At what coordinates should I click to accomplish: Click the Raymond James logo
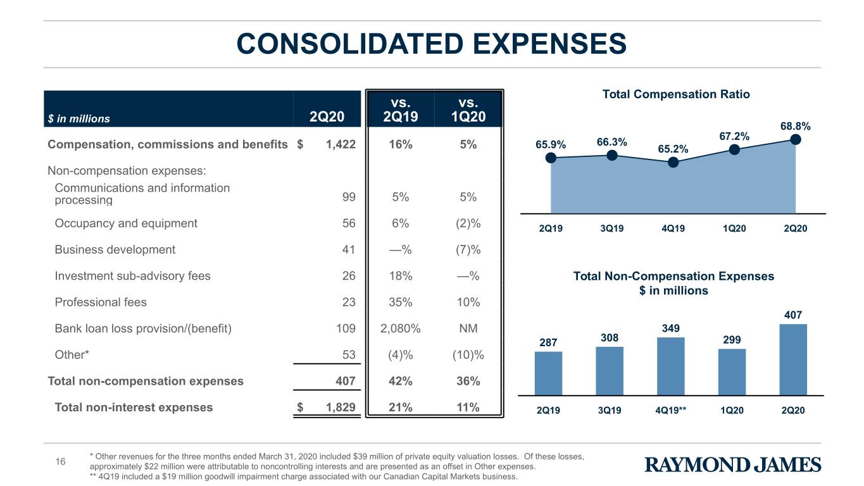(732, 464)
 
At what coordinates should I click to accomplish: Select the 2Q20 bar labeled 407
(793, 359)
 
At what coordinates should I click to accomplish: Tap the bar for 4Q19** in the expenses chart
(671, 366)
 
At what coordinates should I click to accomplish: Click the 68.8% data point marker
(796, 140)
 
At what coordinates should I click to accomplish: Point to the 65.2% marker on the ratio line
(673, 163)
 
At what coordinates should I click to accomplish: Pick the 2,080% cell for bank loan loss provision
(401, 328)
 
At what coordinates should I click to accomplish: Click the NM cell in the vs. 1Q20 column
(468, 328)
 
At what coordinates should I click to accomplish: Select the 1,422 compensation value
(341, 144)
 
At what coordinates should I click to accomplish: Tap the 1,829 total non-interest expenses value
(341, 408)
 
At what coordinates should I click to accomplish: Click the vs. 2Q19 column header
(401, 109)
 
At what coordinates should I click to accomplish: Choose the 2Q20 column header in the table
(327, 116)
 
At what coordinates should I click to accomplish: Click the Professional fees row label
(101, 302)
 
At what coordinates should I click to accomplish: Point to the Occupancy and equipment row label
(126, 223)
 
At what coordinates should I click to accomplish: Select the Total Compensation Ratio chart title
(676, 94)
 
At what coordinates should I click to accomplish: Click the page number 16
(61, 462)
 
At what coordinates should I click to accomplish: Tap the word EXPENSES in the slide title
(549, 44)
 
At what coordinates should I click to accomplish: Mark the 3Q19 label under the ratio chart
(611, 228)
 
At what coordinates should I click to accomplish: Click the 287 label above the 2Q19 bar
(548, 342)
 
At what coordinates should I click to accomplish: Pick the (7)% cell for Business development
(468, 250)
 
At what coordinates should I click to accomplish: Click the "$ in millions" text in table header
(78, 119)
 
